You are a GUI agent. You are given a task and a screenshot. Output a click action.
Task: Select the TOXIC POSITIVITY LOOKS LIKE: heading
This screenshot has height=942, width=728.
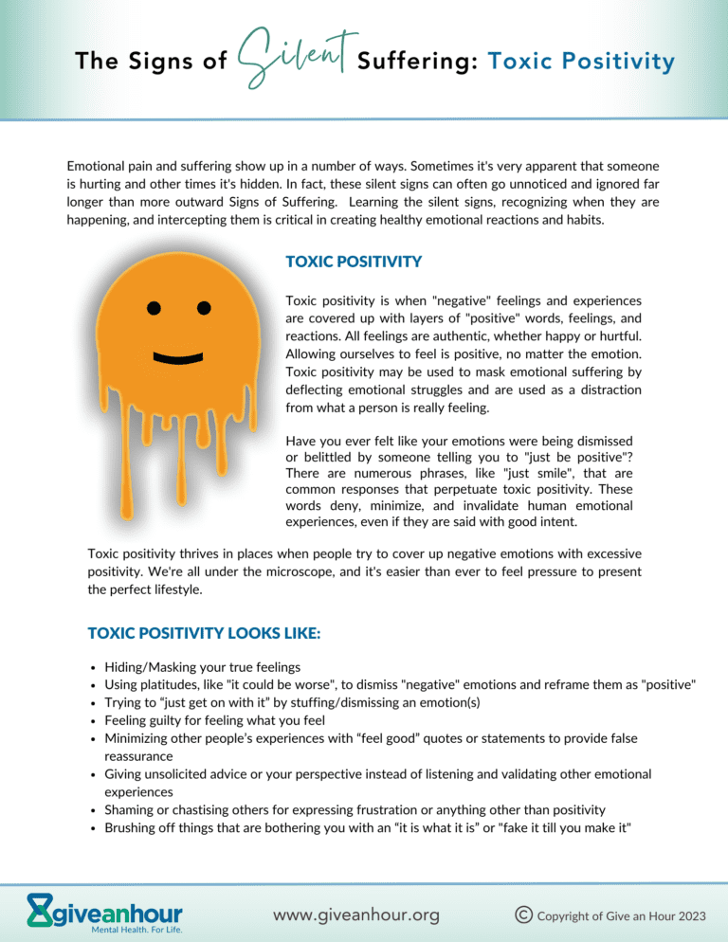tap(204, 632)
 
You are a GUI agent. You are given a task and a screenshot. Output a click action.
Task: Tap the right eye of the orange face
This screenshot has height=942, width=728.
tap(204, 307)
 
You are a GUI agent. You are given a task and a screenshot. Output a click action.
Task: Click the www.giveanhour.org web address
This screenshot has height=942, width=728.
tap(355, 915)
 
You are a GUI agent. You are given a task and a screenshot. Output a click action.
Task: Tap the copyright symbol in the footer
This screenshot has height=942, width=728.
tap(521, 915)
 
